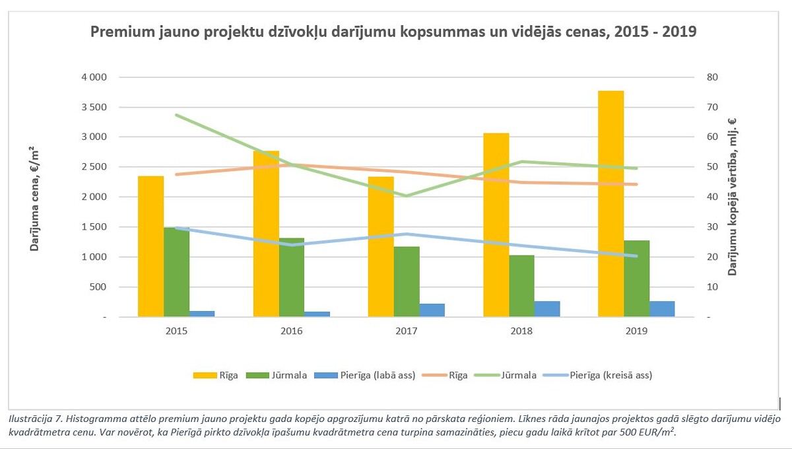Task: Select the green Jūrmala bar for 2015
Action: (x=176, y=272)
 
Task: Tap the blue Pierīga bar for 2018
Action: (x=547, y=309)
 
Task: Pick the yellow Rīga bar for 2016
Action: (x=266, y=234)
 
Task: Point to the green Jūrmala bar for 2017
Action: (x=407, y=281)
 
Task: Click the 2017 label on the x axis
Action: (x=407, y=331)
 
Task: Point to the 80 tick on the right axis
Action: (x=711, y=77)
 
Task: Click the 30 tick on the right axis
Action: (x=711, y=227)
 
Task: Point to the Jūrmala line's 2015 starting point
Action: (x=176, y=115)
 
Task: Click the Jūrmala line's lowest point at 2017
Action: (x=407, y=196)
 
